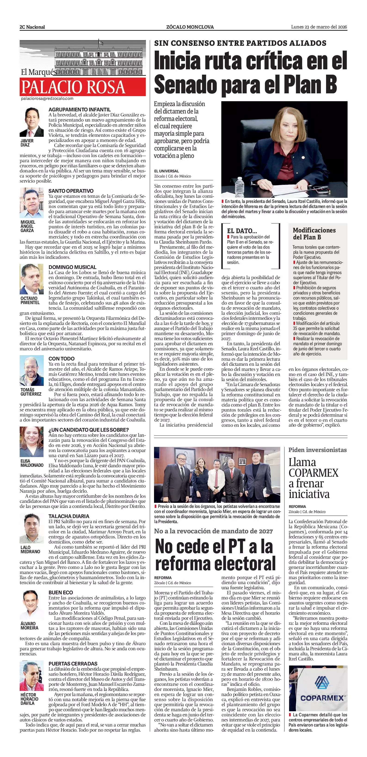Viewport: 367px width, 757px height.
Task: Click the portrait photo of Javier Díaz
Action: click(x=32, y=122)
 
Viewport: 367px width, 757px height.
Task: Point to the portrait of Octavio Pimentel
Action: click(x=31, y=279)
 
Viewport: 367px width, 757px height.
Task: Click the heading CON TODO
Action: click(x=62, y=359)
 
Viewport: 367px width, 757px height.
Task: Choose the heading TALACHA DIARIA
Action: click(x=69, y=516)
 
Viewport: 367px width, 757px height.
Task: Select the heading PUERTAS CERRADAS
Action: click(x=73, y=664)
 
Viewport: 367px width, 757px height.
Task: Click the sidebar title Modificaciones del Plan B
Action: click(x=314, y=234)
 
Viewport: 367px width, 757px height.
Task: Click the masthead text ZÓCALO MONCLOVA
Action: click(x=190, y=27)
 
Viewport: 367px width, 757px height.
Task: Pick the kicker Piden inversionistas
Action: click(x=317, y=450)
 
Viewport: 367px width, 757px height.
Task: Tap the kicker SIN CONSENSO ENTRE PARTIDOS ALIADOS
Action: click(x=240, y=43)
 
